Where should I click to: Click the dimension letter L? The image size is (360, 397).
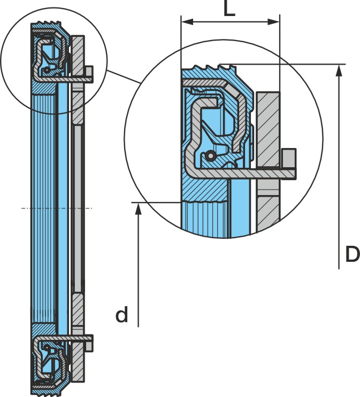[229, 8]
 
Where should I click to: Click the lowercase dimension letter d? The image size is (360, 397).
[121, 314]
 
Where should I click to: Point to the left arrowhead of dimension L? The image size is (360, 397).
[188, 22]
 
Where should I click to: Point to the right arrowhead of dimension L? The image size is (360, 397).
[273, 22]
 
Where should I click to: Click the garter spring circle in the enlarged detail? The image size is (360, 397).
[210, 155]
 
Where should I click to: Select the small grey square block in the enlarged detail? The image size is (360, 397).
[289, 158]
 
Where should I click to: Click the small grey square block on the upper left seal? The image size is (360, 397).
[89, 72]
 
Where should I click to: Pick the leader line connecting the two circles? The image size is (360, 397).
[123, 76]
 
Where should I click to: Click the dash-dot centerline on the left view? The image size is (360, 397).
[57, 208]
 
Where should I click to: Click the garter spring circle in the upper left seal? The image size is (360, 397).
[46, 70]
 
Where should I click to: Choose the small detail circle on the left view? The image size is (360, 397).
[53, 61]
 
